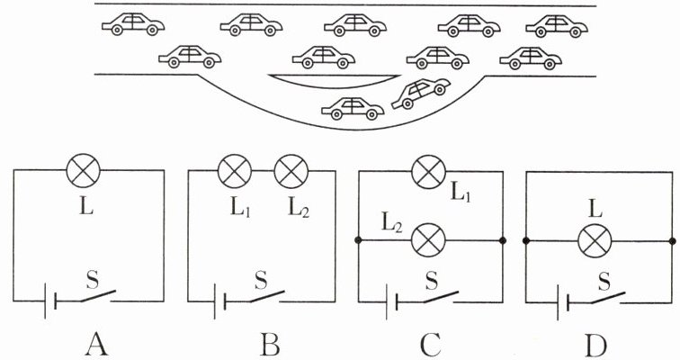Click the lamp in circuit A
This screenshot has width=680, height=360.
(x=84, y=170)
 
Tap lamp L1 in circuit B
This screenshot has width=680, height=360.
(x=234, y=171)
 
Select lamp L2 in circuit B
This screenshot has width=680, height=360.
(x=291, y=171)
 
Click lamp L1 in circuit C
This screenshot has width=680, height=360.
(x=428, y=172)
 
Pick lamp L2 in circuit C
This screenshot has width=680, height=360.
(x=428, y=240)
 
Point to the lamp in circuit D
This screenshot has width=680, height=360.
(x=595, y=240)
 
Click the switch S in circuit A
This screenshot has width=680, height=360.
(x=96, y=296)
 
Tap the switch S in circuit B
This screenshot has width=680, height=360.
(x=266, y=296)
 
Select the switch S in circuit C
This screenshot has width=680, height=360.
(x=440, y=297)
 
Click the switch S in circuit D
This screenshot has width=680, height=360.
(x=607, y=298)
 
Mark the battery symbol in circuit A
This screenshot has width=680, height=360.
(x=49, y=301)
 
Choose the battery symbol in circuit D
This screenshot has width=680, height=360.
(x=563, y=301)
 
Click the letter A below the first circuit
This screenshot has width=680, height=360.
(x=96, y=346)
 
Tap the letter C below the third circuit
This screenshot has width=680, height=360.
(x=431, y=346)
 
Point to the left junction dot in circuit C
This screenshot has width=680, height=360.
(x=358, y=240)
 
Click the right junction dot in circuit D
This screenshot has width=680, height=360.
(x=673, y=240)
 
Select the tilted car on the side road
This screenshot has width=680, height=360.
(x=420, y=94)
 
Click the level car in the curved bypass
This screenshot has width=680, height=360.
(x=353, y=108)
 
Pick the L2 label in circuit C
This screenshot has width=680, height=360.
(x=391, y=223)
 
